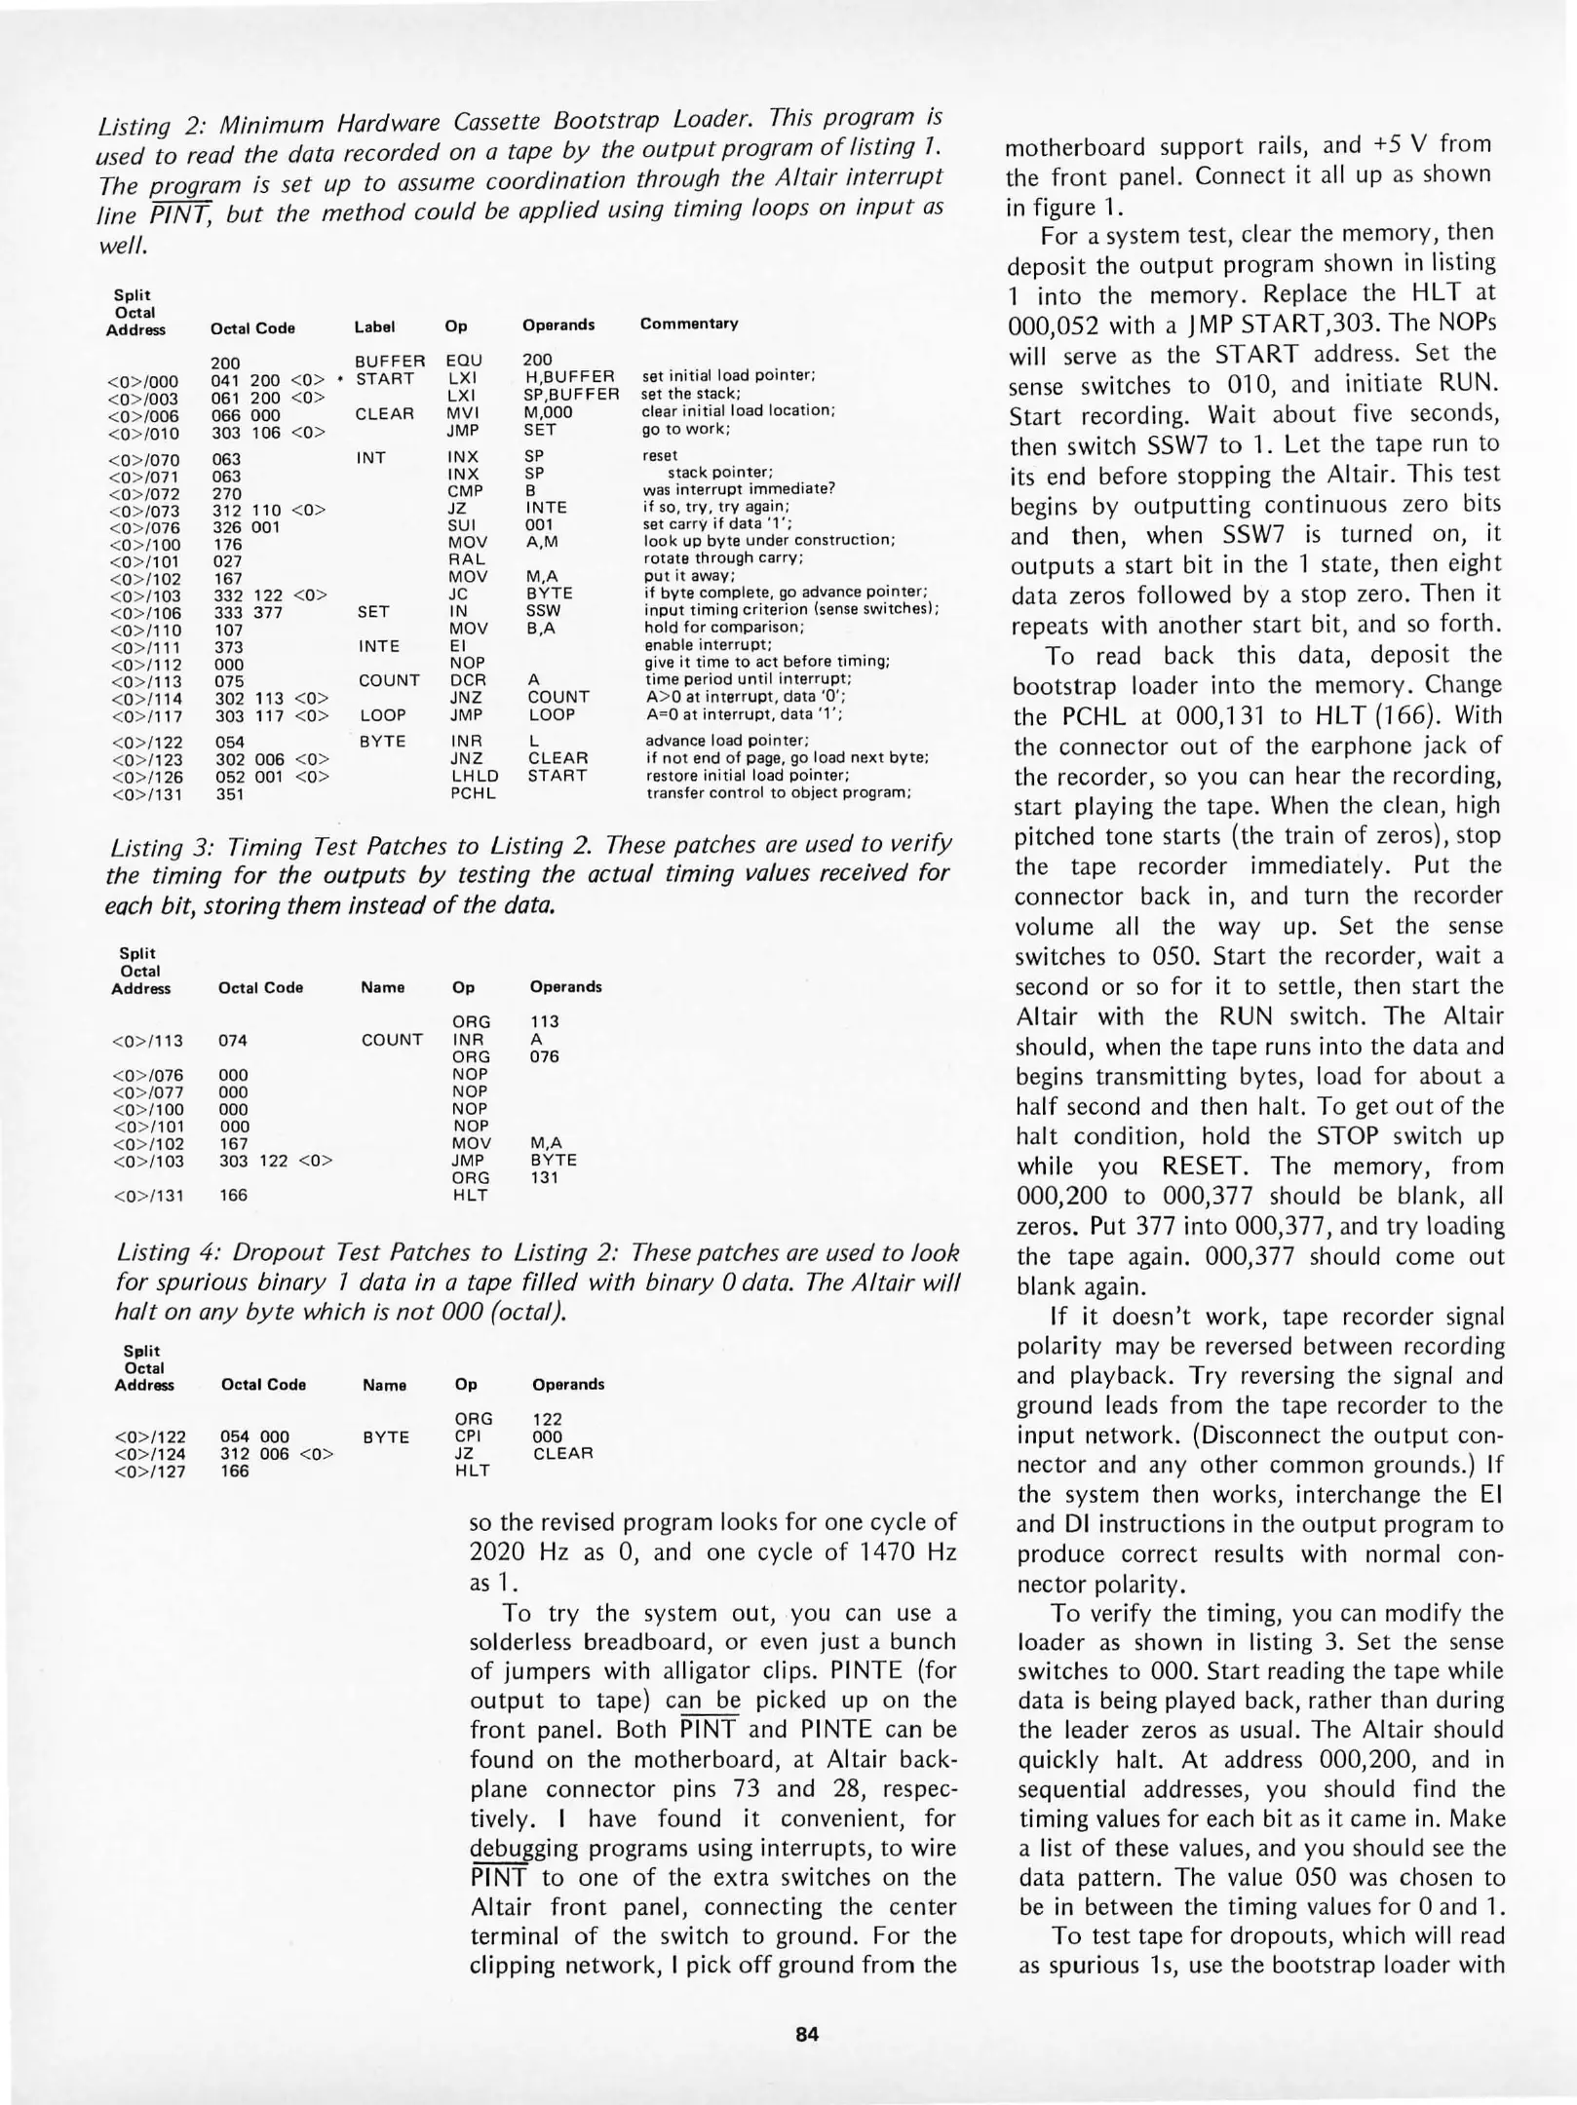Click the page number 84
807,2033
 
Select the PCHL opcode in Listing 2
474,793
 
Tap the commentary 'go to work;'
686,429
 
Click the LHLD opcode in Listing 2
475,776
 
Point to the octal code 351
228,794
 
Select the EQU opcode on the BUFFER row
464,361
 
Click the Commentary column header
689,324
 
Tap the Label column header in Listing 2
374,327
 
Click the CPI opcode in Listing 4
468,1436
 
